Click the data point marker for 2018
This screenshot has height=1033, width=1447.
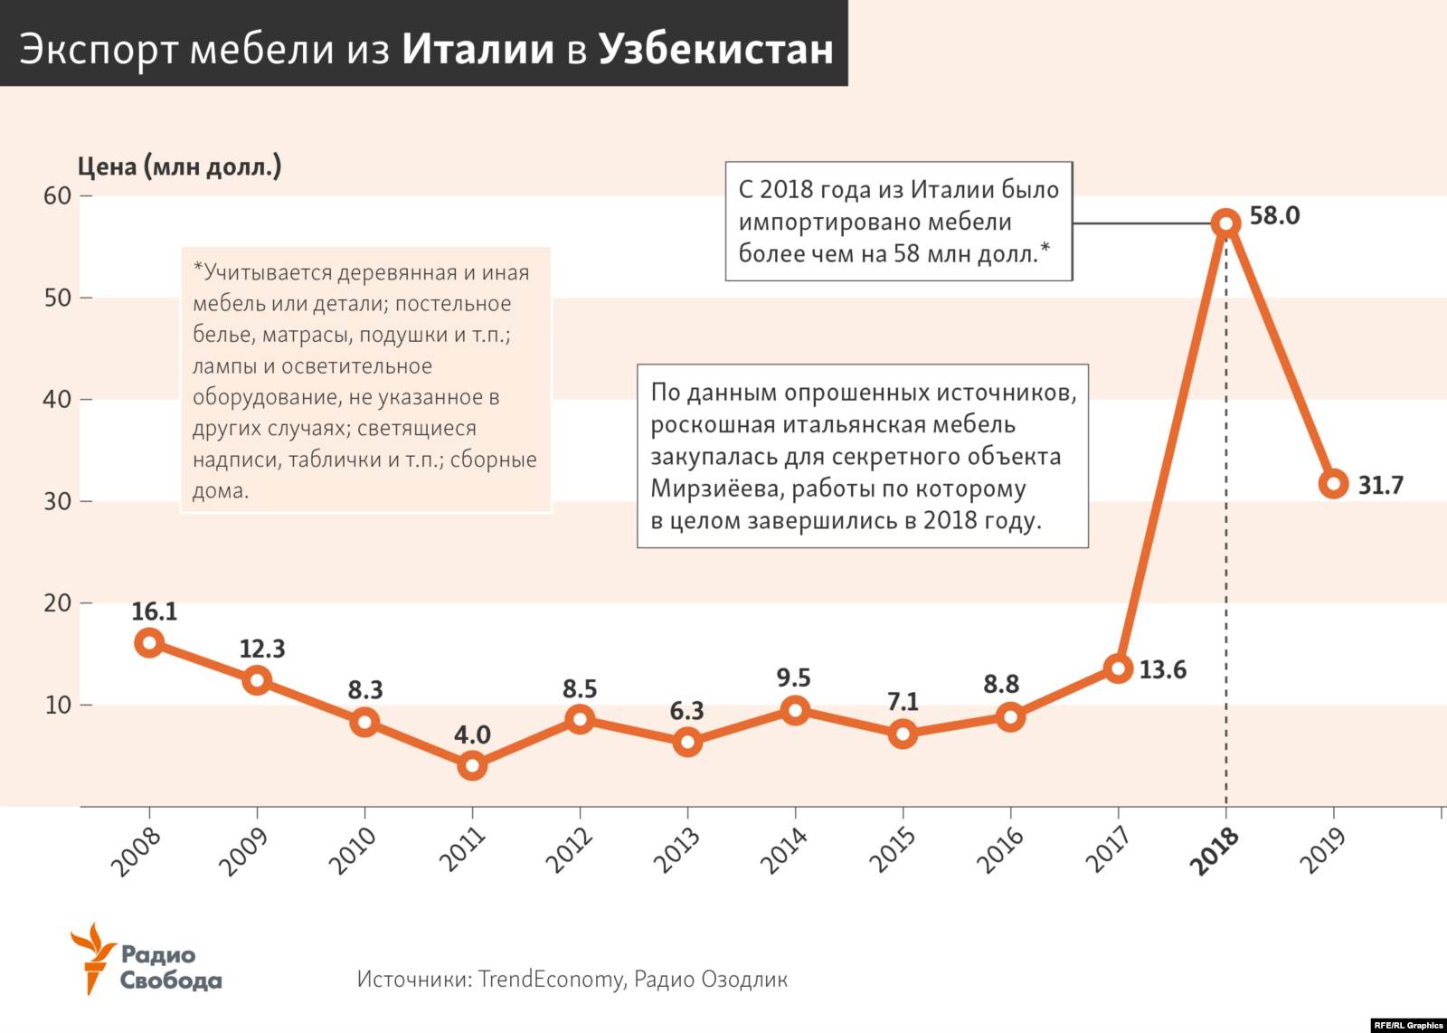(1226, 223)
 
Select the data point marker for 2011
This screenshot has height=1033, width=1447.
(472, 766)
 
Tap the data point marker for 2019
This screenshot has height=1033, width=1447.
(1334, 484)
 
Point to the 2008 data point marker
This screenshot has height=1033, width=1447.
(149, 643)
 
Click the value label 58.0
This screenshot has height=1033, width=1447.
(1274, 215)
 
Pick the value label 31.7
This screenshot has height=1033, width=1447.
(1380, 486)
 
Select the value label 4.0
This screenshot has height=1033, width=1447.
(472, 734)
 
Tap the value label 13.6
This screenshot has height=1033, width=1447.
(1162, 670)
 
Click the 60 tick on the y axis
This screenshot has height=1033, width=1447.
(57, 195)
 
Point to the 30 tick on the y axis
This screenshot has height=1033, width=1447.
(57, 501)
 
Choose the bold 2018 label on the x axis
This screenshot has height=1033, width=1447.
(1215, 851)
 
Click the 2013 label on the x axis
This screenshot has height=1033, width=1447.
(677, 851)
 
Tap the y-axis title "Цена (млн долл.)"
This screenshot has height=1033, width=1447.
(179, 166)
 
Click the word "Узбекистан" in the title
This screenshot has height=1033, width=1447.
(715, 49)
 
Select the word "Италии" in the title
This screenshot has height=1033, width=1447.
(478, 49)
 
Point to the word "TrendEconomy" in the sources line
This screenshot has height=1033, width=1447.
(551, 979)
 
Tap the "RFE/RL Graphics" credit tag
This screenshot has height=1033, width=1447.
(1408, 1025)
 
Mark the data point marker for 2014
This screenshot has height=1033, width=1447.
(795, 710)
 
